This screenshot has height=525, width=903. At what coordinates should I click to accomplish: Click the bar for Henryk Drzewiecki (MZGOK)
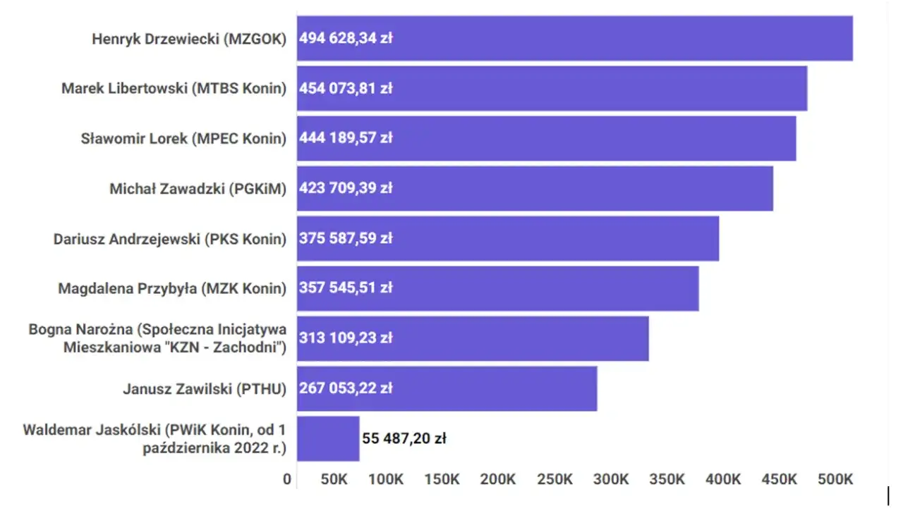574,38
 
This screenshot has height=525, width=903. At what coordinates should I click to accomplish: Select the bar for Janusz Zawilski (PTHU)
447,388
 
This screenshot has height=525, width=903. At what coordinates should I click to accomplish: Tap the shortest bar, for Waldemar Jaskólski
328,438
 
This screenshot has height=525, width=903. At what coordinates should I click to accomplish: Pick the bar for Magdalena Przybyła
497,288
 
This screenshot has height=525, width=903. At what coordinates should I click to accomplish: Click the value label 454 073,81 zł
346,88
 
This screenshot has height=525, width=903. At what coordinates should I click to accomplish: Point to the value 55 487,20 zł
404,438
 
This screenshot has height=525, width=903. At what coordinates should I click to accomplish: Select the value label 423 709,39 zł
346,188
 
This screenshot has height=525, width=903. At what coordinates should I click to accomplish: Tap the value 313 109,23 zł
346,338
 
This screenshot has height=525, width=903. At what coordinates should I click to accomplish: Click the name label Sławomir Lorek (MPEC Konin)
184,138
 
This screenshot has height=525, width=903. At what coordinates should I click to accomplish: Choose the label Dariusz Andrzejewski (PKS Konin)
170,238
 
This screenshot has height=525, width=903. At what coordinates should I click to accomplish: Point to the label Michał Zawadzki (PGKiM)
198,188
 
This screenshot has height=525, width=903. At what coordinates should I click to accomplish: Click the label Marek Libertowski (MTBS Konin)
174,88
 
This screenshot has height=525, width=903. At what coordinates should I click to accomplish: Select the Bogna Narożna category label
157,338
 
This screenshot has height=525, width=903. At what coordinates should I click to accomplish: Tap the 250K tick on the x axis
554,480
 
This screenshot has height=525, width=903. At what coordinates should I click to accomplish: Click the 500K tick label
835,480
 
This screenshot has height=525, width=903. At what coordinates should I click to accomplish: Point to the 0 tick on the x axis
287,480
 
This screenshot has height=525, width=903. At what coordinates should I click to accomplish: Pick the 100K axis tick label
386,480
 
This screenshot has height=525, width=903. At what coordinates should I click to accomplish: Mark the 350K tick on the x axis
667,480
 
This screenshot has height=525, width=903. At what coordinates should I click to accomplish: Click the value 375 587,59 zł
346,238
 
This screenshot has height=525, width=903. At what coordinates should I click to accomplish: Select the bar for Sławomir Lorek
546,138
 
